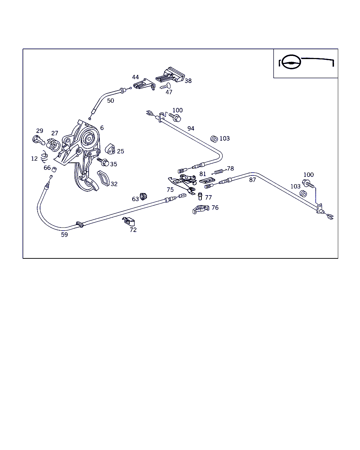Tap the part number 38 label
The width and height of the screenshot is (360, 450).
[x=188, y=81]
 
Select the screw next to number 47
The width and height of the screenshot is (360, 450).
[x=165, y=86]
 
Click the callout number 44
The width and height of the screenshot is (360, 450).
[x=136, y=77]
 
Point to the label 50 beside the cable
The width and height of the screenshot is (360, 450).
[x=110, y=101]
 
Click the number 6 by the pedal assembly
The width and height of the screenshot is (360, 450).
[x=102, y=128]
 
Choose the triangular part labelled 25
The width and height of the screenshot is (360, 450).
[x=110, y=149]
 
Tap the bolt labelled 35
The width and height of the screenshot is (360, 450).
[x=104, y=162]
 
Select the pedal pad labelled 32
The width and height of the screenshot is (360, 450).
[x=103, y=178]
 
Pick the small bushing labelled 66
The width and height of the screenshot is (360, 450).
[x=54, y=170]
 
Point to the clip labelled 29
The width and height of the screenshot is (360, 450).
[x=38, y=140]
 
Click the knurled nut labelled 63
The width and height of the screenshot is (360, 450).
[x=143, y=196]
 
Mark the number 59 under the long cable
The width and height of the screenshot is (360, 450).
[x=64, y=234]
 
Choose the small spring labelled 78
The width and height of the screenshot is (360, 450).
[x=219, y=172]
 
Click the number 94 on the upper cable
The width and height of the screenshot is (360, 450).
[x=191, y=129]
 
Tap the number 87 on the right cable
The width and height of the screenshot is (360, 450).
[x=252, y=180]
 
